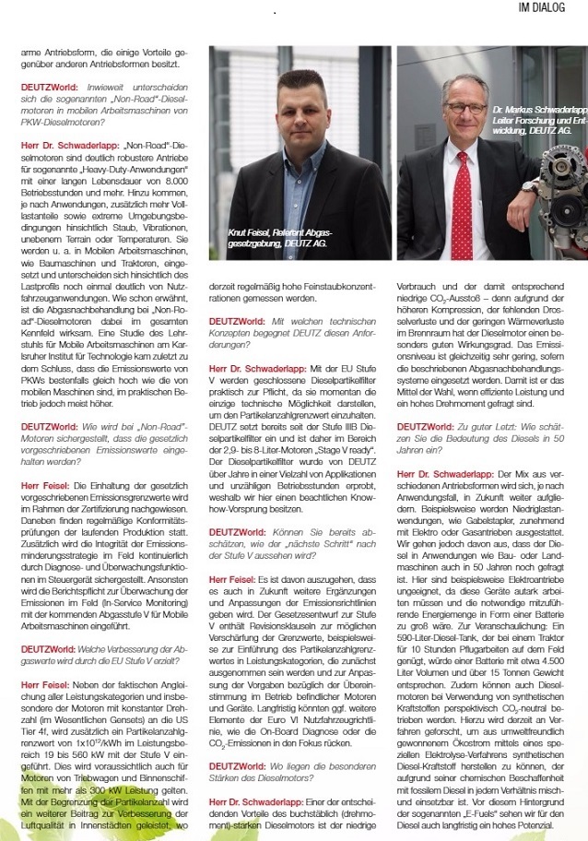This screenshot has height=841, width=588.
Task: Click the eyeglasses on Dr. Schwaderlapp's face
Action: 465,108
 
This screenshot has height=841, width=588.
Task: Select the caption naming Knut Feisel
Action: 279,238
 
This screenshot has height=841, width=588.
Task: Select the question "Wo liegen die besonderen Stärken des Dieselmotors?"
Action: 290,773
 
